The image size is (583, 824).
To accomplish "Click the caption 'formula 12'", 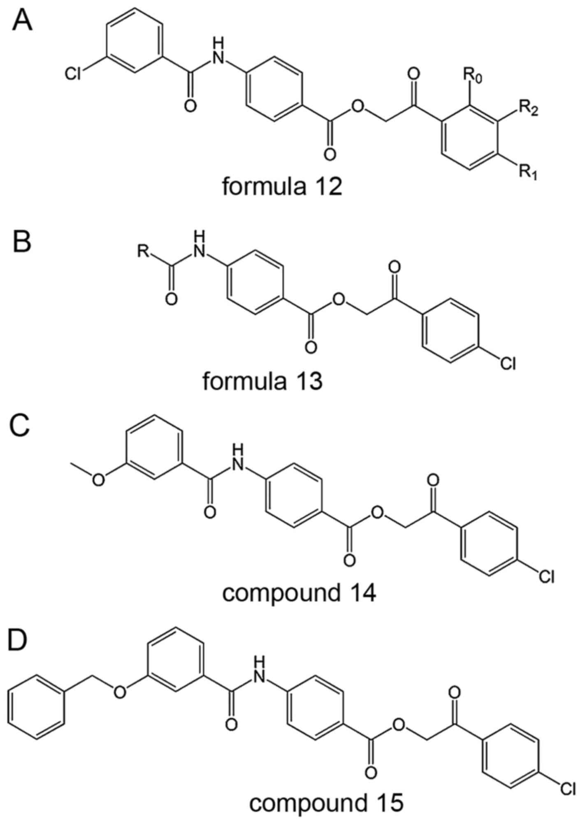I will [x=282, y=187].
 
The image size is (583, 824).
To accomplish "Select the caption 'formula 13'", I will [x=262, y=381].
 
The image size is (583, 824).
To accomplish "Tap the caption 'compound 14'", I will [x=299, y=593].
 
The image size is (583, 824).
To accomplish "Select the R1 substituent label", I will [x=528, y=173].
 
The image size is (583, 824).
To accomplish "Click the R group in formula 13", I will [x=144, y=251].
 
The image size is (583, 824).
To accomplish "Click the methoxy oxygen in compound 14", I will [x=98, y=480].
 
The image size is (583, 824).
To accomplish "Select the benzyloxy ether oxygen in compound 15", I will [x=119, y=693].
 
